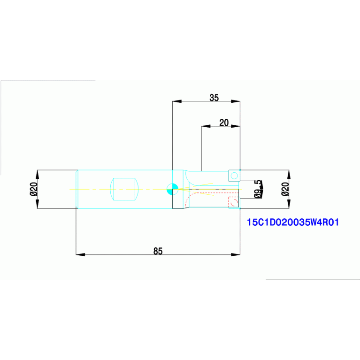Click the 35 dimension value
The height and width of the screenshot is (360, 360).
tap(214, 98)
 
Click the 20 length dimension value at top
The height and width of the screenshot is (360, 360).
tap(224, 123)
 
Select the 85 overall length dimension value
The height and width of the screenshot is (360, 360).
tap(158, 251)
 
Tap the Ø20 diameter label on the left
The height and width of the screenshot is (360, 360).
tap(33, 189)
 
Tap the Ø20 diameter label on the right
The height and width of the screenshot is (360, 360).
tap(284, 189)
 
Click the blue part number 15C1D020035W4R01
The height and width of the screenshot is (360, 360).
tap(292, 222)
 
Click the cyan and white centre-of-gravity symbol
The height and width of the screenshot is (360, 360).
tap(172, 189)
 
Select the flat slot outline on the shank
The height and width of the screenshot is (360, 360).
tap(124, 189)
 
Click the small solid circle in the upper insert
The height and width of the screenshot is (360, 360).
tap(234, 176)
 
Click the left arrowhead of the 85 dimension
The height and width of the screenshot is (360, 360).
tap(80, 254)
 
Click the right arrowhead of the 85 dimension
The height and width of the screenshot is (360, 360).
tap(236, 254)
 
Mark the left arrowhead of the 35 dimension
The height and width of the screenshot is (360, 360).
tap(177, 101)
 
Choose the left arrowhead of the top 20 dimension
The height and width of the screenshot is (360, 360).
tap(206, 126)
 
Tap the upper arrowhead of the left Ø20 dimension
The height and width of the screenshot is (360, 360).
tap(38, 174)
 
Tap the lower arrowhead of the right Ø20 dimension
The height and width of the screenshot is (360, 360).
tap(289, 204)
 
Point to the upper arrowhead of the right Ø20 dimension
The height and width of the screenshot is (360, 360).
tap(289, 174)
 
